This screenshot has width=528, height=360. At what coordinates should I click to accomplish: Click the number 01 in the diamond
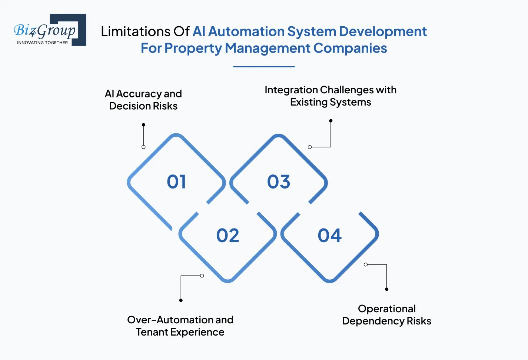(176, 181)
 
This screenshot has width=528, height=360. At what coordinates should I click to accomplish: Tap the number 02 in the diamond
(228, 236)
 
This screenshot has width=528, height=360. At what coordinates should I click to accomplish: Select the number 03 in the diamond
(279, 181)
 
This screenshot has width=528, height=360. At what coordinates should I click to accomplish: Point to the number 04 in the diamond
(329, 236)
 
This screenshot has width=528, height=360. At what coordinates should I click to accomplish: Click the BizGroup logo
(50, 30)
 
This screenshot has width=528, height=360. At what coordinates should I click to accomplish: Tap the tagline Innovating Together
(42, 43)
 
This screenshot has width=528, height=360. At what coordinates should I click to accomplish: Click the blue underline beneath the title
(264, 67)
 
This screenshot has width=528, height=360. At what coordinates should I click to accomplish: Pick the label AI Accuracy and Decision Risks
(143, 100)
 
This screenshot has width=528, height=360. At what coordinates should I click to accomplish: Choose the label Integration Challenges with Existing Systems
(331, 96)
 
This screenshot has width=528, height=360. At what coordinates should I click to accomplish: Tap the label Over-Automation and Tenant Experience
(180, 326)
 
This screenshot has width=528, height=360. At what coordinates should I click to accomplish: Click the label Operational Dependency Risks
(386, 315)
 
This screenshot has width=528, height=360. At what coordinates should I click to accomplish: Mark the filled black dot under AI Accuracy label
(143, 125)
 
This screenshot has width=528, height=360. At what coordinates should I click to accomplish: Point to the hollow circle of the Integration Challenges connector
(310, 147)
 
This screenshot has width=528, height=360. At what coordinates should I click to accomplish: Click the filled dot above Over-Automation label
(181, 300)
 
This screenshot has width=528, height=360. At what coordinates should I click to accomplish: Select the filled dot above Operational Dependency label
(386, 289)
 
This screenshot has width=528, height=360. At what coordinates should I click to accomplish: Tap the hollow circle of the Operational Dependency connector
(366, 264)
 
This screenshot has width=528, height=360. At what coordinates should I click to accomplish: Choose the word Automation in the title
(246, 31)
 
